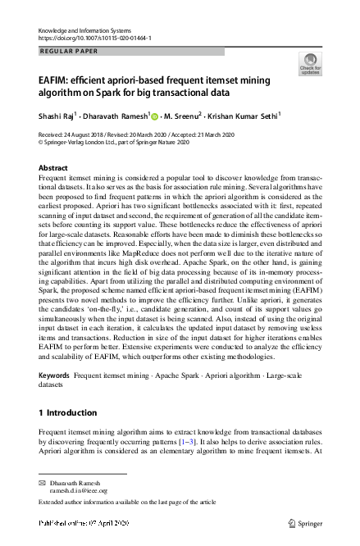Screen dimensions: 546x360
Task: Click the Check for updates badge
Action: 311,65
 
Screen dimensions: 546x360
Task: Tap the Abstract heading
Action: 53,167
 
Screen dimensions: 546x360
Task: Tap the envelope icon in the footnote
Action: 43,483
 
